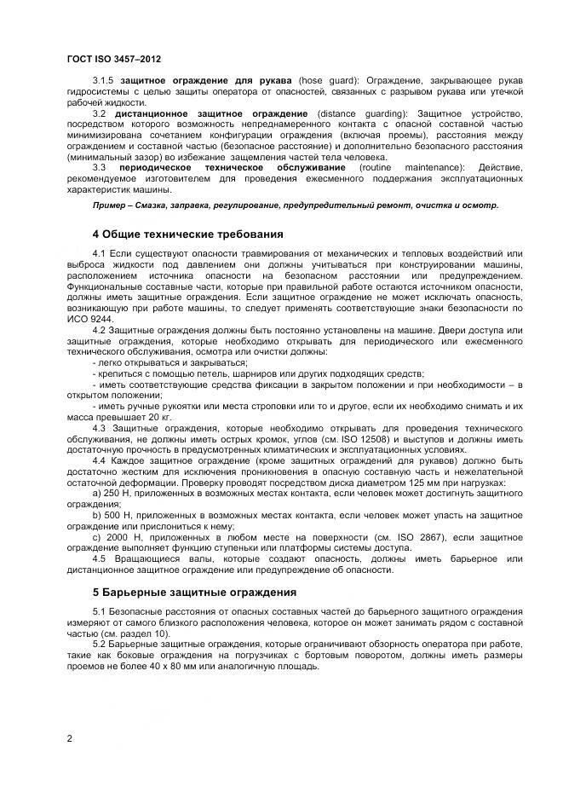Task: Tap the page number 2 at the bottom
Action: [x=68, y=737]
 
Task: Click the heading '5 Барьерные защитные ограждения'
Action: [x=194, y=591]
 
